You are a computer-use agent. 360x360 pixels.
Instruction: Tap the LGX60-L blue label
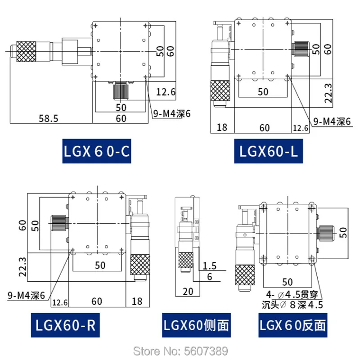(266, 152)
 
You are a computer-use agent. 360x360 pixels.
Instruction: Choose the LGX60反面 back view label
(292, 324)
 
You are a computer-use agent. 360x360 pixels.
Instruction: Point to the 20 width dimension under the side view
(188, 291)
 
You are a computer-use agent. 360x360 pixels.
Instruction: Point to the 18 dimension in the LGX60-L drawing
(222, 128)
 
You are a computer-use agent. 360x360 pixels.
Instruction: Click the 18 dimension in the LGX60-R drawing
(137, 300)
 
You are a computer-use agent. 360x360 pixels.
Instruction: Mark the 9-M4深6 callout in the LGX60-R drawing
(27, 295)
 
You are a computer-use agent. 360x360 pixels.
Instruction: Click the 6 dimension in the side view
(210, 277)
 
